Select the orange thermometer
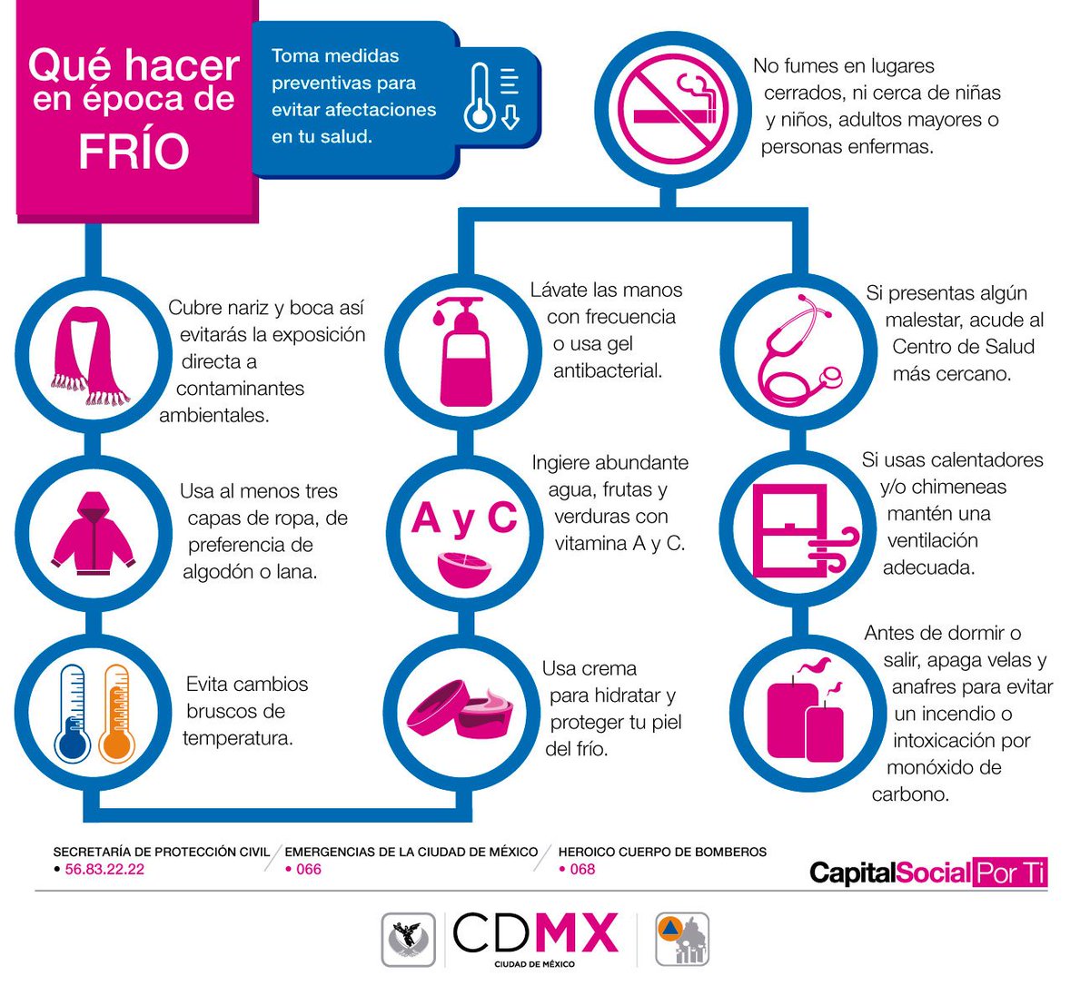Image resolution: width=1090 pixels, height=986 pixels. [x=117, y=713]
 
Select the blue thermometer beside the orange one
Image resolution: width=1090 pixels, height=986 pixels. [x=73, y=713]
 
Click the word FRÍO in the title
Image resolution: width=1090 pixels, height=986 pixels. [x=134, y=152]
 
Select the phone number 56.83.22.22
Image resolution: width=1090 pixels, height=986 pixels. [x=104, y=869]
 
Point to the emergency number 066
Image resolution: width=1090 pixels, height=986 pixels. [x=309, y=869]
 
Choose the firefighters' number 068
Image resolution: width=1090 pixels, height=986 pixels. [x=582, y=869]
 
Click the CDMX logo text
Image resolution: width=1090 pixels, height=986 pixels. [x=536, y=934]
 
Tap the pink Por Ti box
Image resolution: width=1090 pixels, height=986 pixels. [x=1009, y=873]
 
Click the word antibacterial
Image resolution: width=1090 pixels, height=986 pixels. [x=608, y=370]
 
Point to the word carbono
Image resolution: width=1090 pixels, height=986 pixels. [x=910, y=794]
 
